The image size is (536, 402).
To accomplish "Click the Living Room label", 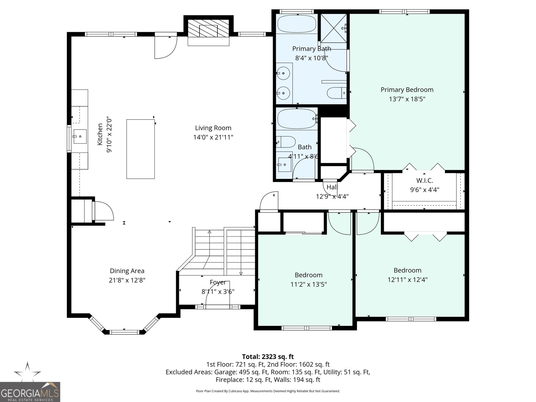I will [213, 128].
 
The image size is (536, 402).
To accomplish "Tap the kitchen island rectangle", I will [140, 149].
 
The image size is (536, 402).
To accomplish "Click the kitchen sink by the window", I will [79, 136].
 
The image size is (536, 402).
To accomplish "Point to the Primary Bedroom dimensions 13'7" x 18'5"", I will [407, 99].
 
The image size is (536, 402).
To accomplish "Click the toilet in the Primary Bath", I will [336, 93].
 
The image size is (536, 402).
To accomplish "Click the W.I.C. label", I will [424, 181].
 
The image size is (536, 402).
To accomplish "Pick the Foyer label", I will [218, 282].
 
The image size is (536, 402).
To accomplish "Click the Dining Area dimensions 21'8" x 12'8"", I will [127, 280].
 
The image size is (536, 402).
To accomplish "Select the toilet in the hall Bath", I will [286, 142].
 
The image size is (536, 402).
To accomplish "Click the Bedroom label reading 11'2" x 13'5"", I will [309, 275].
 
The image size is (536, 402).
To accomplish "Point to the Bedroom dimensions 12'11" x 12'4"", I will [407, 280].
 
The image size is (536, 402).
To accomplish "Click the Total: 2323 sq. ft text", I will [268, 356].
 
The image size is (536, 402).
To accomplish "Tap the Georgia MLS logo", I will [30, 392].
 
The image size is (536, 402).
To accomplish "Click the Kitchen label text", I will [100, 134].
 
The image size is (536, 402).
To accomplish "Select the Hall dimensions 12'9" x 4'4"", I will [332, 197].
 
